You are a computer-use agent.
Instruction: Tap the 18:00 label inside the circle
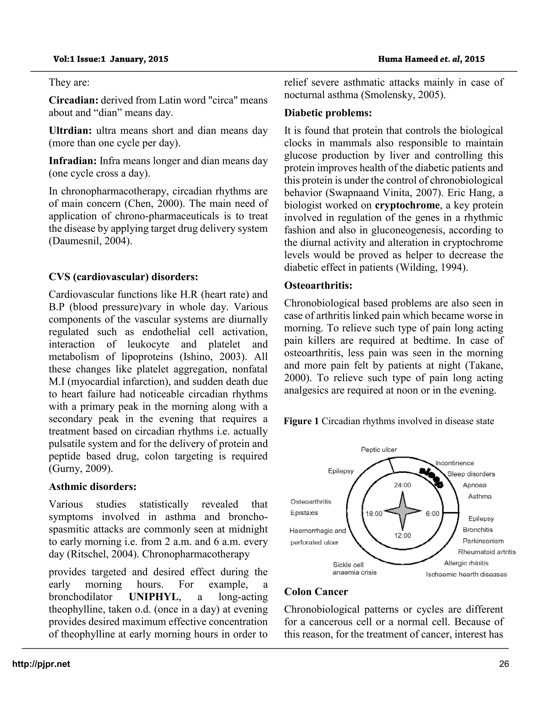374,514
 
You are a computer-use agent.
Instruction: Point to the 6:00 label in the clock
432,514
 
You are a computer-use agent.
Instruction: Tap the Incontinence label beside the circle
454,463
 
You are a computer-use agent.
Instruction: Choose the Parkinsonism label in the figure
483,541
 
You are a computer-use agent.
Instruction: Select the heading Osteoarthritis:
318,285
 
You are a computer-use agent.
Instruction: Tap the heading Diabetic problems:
328,113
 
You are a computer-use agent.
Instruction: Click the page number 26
504,664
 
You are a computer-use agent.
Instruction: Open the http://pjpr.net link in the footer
41,664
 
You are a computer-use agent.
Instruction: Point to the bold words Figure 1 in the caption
301,421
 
